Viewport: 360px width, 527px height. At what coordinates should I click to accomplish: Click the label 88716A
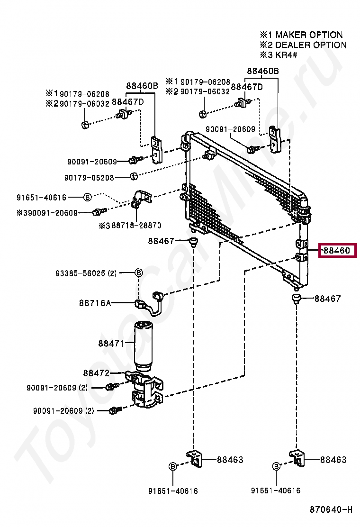pos(95,303)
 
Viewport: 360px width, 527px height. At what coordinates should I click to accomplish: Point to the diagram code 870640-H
pos(331,510)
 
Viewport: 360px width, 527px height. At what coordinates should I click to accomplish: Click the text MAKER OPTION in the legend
pos(309,35)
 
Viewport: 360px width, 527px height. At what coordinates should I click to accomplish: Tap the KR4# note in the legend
pos(286,55)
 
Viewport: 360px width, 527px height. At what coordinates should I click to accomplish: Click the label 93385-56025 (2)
pos(86,273)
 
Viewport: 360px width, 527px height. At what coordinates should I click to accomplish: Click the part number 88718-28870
pos(136,226)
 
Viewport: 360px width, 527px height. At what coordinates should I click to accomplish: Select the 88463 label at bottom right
pos(333,460)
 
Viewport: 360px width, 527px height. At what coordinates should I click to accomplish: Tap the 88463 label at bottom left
pos(230,460)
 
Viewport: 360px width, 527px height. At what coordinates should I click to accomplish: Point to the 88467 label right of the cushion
pos(327,299)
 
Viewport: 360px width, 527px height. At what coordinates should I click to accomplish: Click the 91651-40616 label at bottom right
pos(276,491)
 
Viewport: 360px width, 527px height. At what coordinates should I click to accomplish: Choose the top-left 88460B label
pos(142,86)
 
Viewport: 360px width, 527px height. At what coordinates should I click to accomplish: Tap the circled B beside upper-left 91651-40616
pos(87,197)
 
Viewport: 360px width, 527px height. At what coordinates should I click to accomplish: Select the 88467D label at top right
pos(246,87)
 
